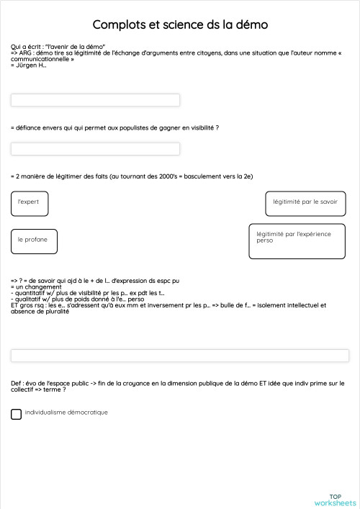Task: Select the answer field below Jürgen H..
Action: [95, 100]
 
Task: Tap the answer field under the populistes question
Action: [95, 149]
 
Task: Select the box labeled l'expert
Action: [30, 203]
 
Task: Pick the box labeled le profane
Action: [34, 240]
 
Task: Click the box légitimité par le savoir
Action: [305, 204]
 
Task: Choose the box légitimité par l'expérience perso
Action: [297, 241]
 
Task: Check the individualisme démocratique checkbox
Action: [17, 414]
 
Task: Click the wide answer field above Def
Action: [180, 356]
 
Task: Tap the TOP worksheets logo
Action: [335, 500]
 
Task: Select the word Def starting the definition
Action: [16, 384]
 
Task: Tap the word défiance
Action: [28, 127]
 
